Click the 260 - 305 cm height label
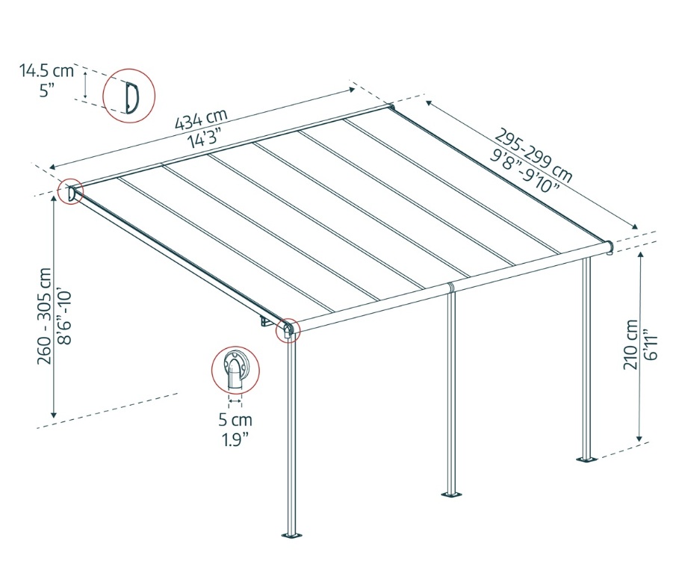pos(46,316)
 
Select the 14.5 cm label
pos(47,72)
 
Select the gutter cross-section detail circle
pos(235,369)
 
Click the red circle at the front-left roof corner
pos(288,329)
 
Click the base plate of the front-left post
pos(291,535)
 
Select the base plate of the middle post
pos(450,493)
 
